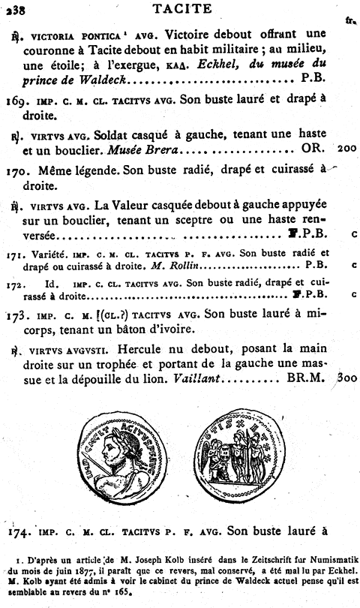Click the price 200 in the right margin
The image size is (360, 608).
pos(347,149)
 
